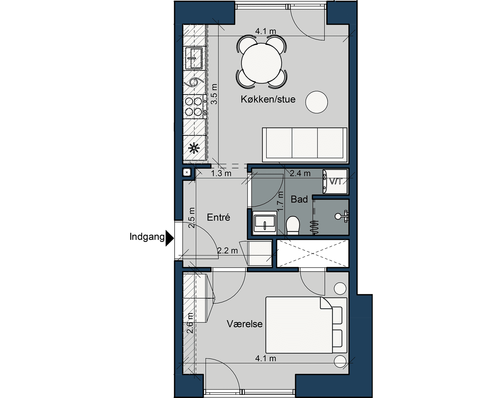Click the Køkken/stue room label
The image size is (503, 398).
coord(268,99)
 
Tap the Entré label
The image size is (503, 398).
coord(219,218)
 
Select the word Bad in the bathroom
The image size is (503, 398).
coord(299,199)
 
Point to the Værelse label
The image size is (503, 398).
coord(245,324)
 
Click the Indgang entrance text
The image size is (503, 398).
coord(147,237)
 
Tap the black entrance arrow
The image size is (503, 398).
coord(169,238)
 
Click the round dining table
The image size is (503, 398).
coord(261,63)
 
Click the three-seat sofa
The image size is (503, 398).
coord(305,145)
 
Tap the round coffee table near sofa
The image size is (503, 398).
coord(316,102)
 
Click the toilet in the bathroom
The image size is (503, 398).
coord(293,225)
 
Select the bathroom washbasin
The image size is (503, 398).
coord(265,223)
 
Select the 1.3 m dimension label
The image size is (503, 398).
coord(221,174)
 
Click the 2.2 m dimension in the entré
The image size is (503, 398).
coord(227,251)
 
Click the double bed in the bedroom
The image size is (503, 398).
coord(306,325)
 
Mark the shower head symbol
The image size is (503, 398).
coord(342,216)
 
